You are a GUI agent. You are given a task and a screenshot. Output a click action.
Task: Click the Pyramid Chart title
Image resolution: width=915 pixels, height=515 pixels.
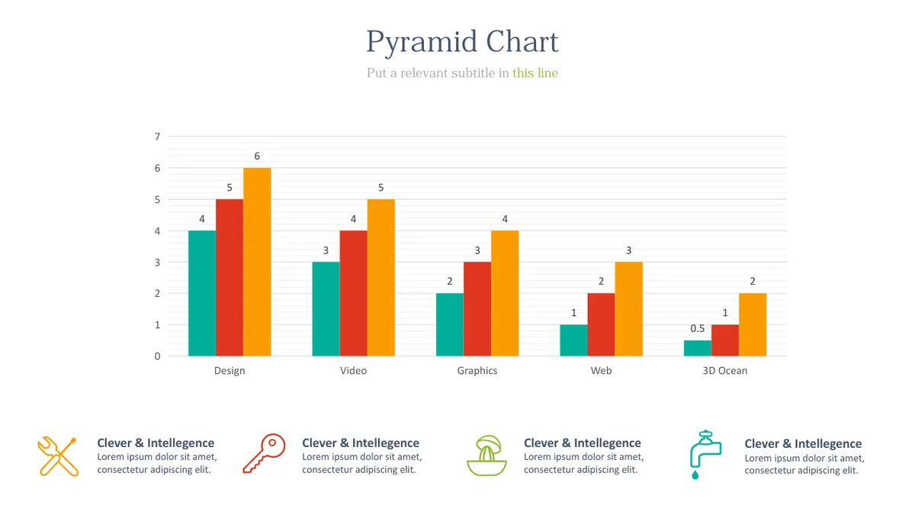click(x=462, y=42)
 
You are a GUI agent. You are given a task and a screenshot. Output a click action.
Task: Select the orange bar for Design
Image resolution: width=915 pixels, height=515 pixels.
click(x=257, y=262)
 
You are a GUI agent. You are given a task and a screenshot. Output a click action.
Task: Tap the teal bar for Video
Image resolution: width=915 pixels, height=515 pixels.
click(x=326, y=309)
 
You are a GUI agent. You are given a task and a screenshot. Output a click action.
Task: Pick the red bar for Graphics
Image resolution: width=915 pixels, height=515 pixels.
click(x=477, y=309)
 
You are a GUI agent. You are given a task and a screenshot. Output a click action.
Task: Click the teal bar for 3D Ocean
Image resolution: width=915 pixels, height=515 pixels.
click(x=697, y=348)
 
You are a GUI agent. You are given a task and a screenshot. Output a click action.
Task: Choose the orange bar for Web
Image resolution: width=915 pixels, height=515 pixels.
click(x=628, y=309)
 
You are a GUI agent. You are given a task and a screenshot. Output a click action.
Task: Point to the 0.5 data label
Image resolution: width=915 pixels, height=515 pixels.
click(x=697, y=329)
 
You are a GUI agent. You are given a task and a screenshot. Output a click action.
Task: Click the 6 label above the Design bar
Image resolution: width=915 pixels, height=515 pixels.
click(x=257, y=156)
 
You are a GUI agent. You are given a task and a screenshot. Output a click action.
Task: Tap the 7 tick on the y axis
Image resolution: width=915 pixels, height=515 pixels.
click(x=157, y=137)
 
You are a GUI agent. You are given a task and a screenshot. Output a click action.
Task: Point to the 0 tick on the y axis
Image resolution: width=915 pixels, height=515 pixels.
click(x=157, y=356)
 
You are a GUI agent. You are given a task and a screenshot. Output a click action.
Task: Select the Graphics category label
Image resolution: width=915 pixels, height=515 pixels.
click(x=477, y=371)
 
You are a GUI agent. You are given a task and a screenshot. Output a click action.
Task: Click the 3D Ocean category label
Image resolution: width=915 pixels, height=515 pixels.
click(x=724, y=371)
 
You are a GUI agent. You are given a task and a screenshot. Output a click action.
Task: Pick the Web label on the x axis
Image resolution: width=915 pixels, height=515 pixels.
click(x=601, y=371)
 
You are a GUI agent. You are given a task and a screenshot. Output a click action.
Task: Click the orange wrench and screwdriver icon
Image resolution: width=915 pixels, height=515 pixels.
click(x=58, y=456)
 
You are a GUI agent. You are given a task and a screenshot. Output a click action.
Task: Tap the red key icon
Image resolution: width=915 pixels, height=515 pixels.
click(x=264, y=454)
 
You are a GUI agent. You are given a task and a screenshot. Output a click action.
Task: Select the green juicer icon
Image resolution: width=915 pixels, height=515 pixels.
click(x=486, y=455)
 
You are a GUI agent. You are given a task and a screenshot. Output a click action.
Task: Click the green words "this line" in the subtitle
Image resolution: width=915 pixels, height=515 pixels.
click(x=535, y=73)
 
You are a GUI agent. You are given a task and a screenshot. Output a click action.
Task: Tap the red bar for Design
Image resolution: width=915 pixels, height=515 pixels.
click(x=230, y=278)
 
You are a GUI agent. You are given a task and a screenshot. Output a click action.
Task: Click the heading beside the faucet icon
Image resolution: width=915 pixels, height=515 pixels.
click(x=803, y=444)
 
